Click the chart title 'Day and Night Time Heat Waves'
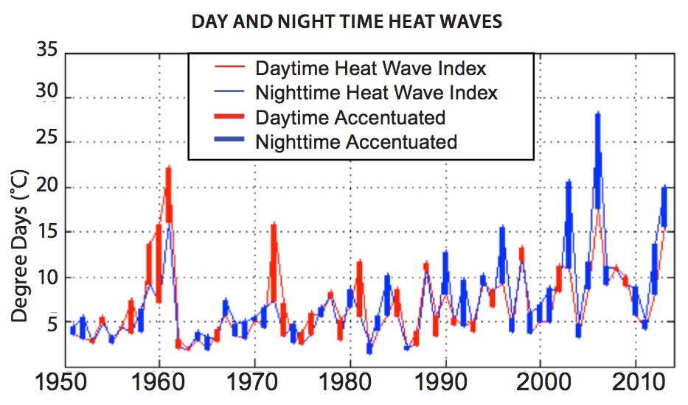[347, 21]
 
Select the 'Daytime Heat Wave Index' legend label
[371, 68]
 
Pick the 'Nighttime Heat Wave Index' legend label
[376, 93]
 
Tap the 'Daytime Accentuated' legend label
[350, 117]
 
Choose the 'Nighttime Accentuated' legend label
[356, 141]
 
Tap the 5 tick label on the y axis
[52, 323]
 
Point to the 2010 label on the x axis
[635, 385]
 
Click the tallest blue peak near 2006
[597, 113]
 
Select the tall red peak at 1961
[168, 168]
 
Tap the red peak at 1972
[273, 224]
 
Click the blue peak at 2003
[569, 181]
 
